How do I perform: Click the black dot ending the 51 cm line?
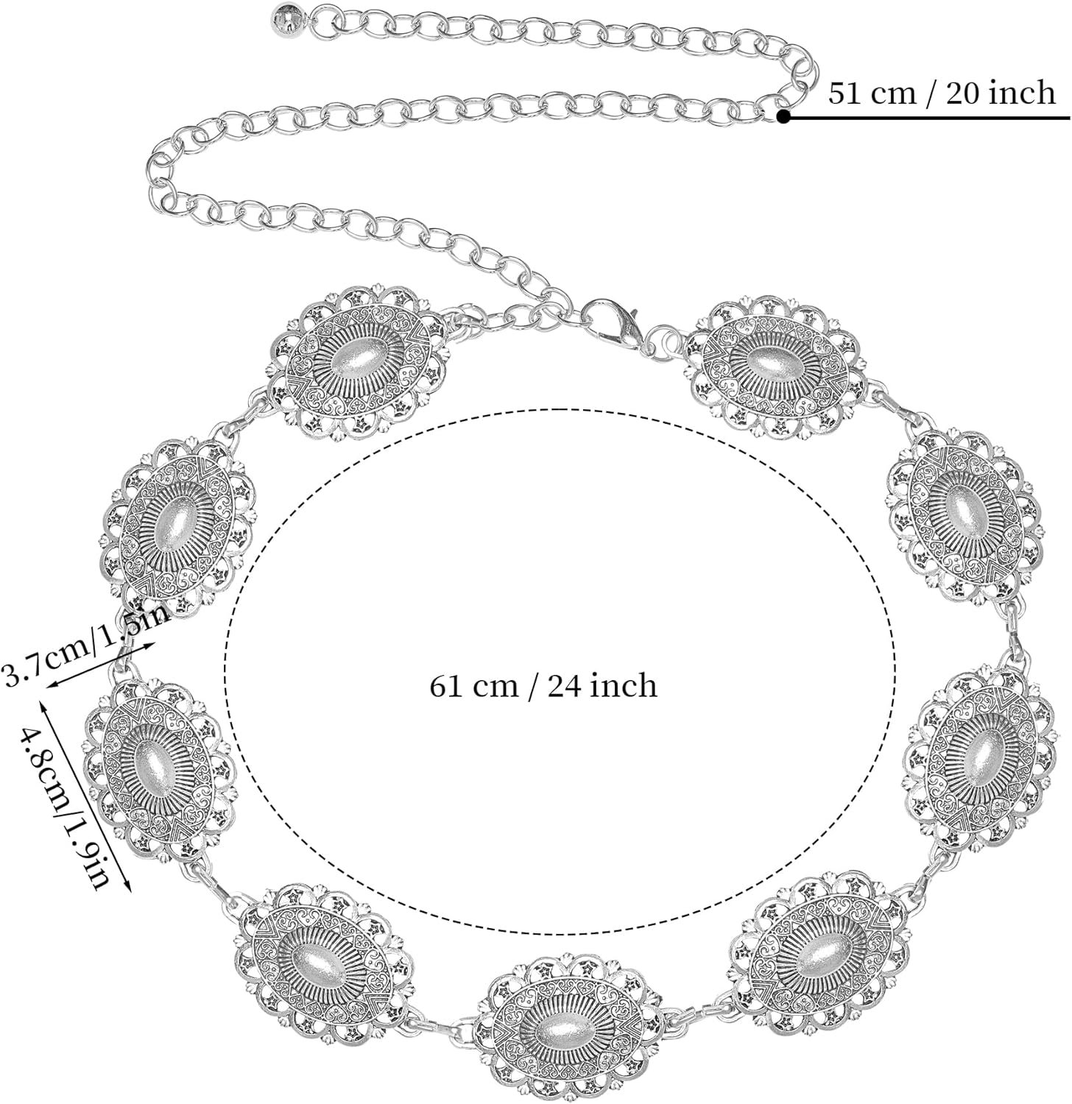783,116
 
